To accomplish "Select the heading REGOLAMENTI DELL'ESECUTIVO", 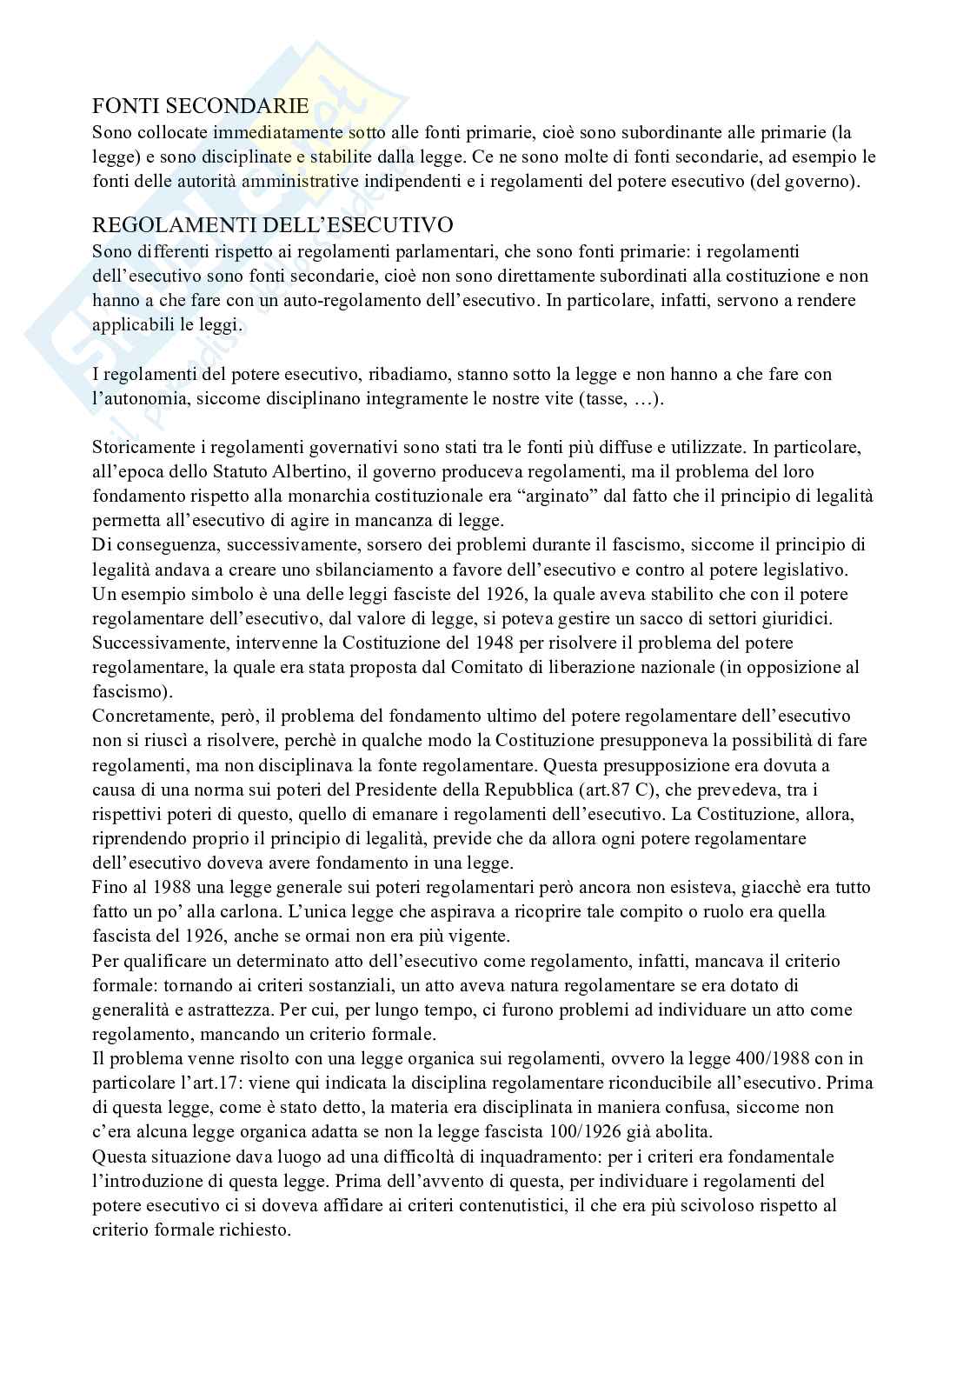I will click(273, 226).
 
